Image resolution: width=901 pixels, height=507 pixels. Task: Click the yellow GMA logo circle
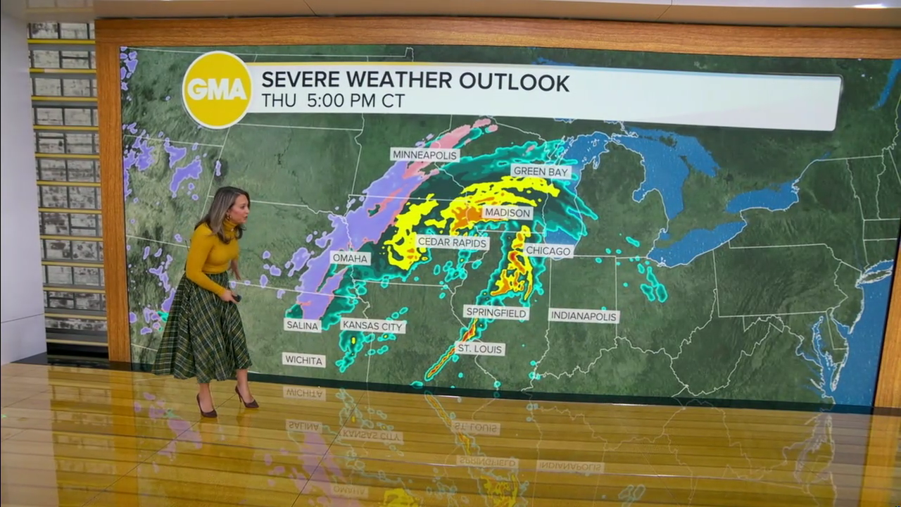[x=217, y=89]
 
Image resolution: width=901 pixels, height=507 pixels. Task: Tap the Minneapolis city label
[x=424, y=155]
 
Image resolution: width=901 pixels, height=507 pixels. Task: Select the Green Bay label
[x=541, y=171]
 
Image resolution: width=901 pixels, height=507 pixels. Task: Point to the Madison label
[x=507, y=213]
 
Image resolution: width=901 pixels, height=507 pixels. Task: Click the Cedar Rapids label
[x=453, y=242]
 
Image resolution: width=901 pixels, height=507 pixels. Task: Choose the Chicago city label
[x=548, y=251]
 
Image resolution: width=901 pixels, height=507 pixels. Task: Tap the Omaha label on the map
[x=350, y=258]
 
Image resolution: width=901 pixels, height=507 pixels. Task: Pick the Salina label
[x=302, y=325]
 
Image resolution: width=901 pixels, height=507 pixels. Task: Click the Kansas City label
[x=372, y=326]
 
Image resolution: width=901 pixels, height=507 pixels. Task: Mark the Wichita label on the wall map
[x=303, y=361]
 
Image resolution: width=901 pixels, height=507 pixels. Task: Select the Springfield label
[x=496, y=313]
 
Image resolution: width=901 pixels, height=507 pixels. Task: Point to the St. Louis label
[x=479, y=349]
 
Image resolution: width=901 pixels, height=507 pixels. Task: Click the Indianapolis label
[x=584, y=316]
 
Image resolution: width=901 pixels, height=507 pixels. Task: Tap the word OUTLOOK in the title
[x=514, y=82]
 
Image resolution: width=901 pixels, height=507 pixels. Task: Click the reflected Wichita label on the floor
[x=304, y=393]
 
